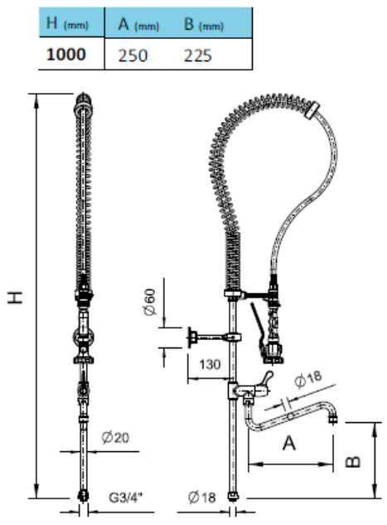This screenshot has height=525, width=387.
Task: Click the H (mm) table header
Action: [x=67, y=23]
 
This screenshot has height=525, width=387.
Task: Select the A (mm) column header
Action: [x=138, y=24]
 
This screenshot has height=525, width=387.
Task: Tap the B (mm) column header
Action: [x=203, y=24]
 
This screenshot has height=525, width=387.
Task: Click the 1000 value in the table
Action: [x=66, y=54]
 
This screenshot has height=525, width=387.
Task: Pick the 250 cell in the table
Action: [x=133, y=56]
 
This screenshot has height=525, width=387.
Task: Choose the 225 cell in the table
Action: [x=198, y=56]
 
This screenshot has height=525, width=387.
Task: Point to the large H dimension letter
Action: [x=16, y=297]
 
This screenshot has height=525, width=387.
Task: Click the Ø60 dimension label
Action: [x=149, y=302]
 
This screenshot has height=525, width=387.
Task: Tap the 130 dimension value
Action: [x=210, y=364]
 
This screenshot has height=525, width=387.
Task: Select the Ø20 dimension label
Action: [x=115, y=437]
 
